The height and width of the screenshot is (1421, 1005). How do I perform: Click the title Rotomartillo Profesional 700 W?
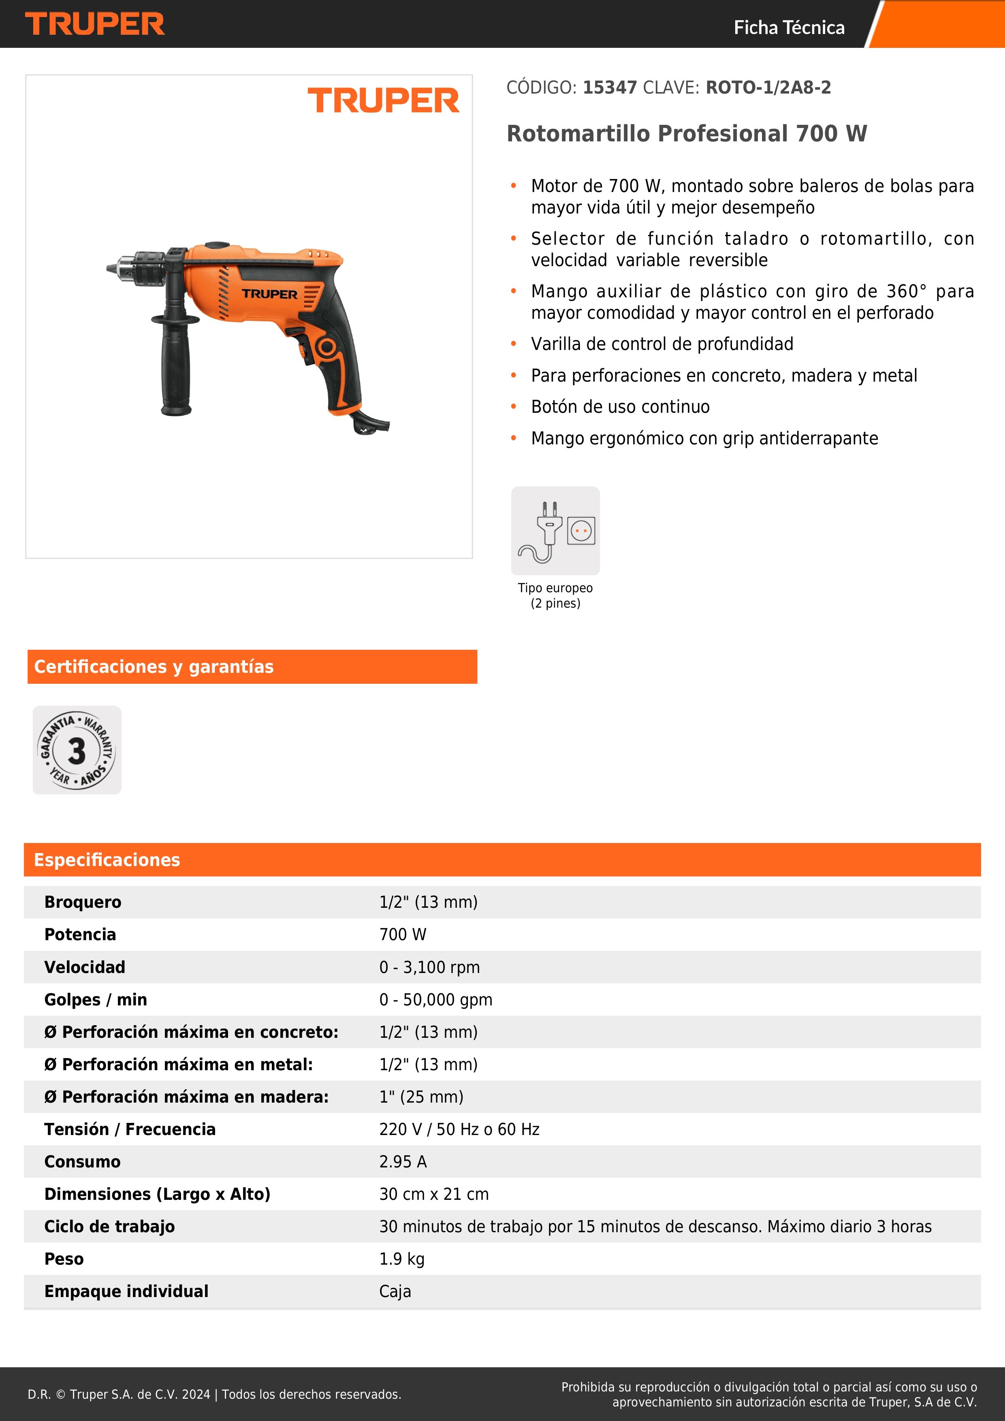(x=686, y=134)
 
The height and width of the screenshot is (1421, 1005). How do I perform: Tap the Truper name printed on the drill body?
(x=269, y=294)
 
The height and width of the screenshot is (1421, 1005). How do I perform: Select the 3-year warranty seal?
(x=77, y=750)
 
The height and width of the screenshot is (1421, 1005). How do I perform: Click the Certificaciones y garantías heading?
(x=154, y=667)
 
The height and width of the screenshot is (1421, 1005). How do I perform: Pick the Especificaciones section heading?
(x=107, y=860)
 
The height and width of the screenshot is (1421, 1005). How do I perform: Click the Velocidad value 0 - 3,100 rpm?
(x=429, y=967)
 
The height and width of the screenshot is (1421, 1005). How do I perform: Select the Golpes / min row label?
(x=95, y=1000)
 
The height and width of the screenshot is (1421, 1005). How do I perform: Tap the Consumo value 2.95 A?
(x=403, y=1162)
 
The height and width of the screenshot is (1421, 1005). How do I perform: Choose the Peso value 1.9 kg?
(x=401, y=1259)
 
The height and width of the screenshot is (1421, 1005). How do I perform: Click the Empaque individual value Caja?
(x=395, y=1292)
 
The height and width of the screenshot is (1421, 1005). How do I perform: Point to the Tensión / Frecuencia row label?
(x=130, y=1129)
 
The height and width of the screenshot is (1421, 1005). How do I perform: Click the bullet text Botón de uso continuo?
(x=620, y=407)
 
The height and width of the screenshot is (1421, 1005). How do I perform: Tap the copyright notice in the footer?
(x=214, y=1394)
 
